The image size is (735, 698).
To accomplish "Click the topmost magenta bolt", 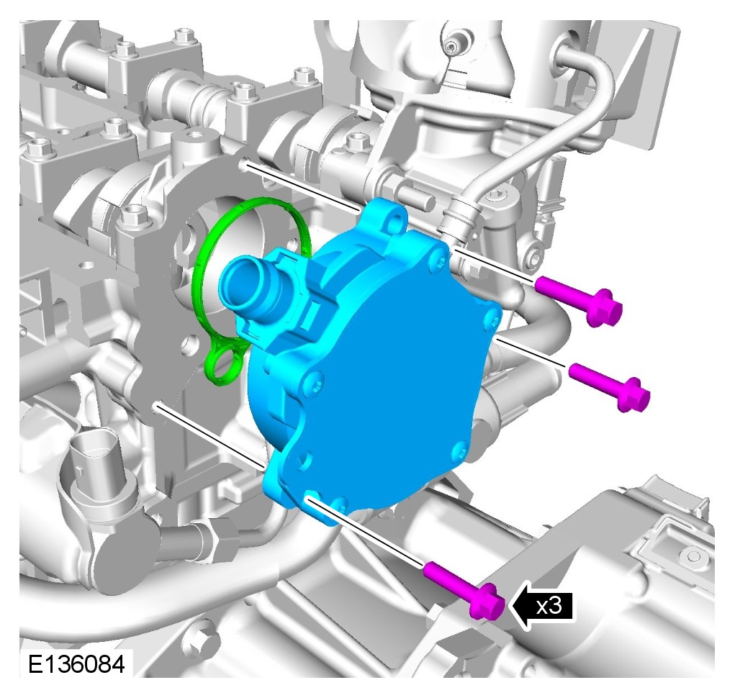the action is (580, 300).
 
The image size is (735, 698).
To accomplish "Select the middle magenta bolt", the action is (609, 387).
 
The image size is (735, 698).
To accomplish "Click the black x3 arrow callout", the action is (542, 607).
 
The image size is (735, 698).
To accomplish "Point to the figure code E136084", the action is (76, 664).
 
